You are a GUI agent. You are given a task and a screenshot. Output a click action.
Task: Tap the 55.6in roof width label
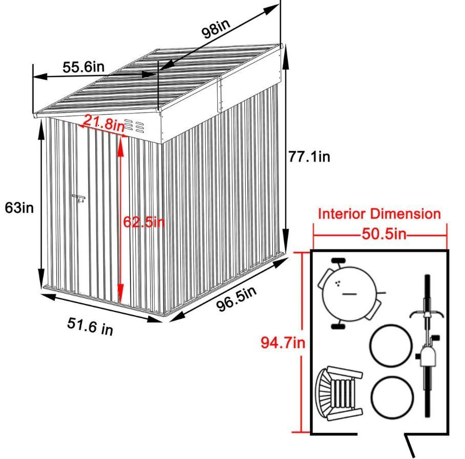tap(83, 67)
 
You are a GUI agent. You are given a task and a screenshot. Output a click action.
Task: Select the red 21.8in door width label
tap(103, 123)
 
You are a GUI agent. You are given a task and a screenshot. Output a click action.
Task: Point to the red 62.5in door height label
tap(144, 222)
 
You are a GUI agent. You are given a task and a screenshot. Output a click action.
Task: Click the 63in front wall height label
tap(19, 208)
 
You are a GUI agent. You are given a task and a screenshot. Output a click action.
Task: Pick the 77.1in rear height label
tap(309, 157)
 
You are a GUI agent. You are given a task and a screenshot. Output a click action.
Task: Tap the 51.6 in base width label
tap(90, 326)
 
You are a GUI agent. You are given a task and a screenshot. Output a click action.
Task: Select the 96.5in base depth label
tap(237, 299)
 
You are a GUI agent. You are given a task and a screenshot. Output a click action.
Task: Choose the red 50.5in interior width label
tap(384, 234)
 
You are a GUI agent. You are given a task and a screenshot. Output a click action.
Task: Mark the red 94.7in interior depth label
tap(283, 342)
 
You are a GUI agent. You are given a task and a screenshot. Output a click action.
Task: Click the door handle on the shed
tap(79, 198)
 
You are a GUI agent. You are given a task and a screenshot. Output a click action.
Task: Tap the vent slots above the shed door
tap(134, 126)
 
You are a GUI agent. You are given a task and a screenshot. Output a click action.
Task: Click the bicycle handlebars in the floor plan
tap(427, 314)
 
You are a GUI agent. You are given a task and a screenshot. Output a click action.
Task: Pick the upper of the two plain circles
tap(391, 345)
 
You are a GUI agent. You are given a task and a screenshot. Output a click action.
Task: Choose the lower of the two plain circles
tap(392, 398)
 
